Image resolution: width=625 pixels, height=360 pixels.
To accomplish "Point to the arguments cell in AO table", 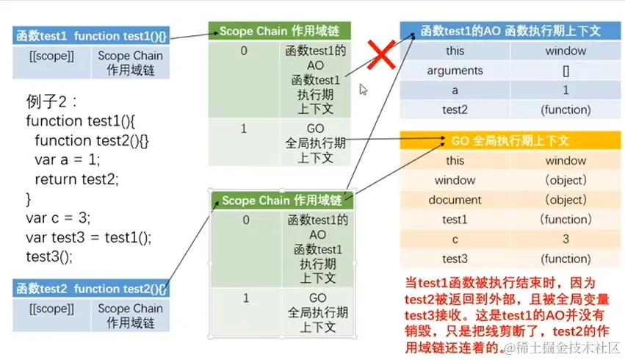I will point(455,71).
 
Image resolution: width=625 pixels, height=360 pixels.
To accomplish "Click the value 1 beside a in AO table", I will point(566,91).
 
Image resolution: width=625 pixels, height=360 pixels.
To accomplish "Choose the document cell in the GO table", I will point(455,200).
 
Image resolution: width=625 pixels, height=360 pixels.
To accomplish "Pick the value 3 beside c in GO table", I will point(566,240).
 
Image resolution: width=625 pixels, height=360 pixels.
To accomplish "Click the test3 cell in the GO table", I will point(455,259).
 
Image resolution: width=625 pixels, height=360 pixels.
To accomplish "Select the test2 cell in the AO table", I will point(455,110).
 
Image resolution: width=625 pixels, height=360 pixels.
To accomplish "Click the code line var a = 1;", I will point(67,159).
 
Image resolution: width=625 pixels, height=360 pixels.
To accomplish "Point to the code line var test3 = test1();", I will point(88,237).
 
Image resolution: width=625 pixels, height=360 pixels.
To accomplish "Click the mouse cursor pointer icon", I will point(363,90).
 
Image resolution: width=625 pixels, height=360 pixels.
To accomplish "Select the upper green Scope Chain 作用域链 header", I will point(279,32).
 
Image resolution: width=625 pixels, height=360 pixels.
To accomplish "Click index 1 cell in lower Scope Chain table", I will point(245,298).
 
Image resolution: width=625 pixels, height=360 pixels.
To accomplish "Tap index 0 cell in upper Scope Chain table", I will point(244,51).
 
